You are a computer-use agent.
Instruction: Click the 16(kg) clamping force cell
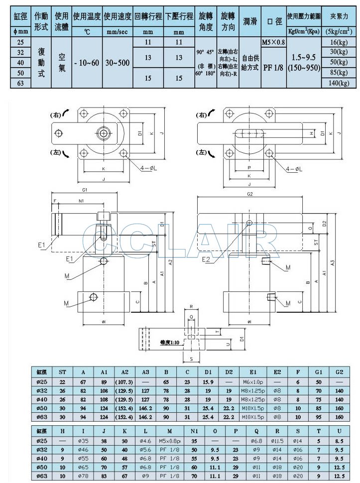coord(339,43)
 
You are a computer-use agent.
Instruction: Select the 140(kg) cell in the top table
coord(339,83)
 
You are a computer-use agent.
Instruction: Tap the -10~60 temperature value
coord(86,63)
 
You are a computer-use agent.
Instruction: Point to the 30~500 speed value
coord(118,63)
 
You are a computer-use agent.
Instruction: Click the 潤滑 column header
coord(250,21)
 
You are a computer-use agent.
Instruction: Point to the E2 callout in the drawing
coord(206,259)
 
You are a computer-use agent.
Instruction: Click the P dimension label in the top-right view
coord(248,168)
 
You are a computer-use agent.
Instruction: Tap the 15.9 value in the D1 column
coord(207,381)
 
